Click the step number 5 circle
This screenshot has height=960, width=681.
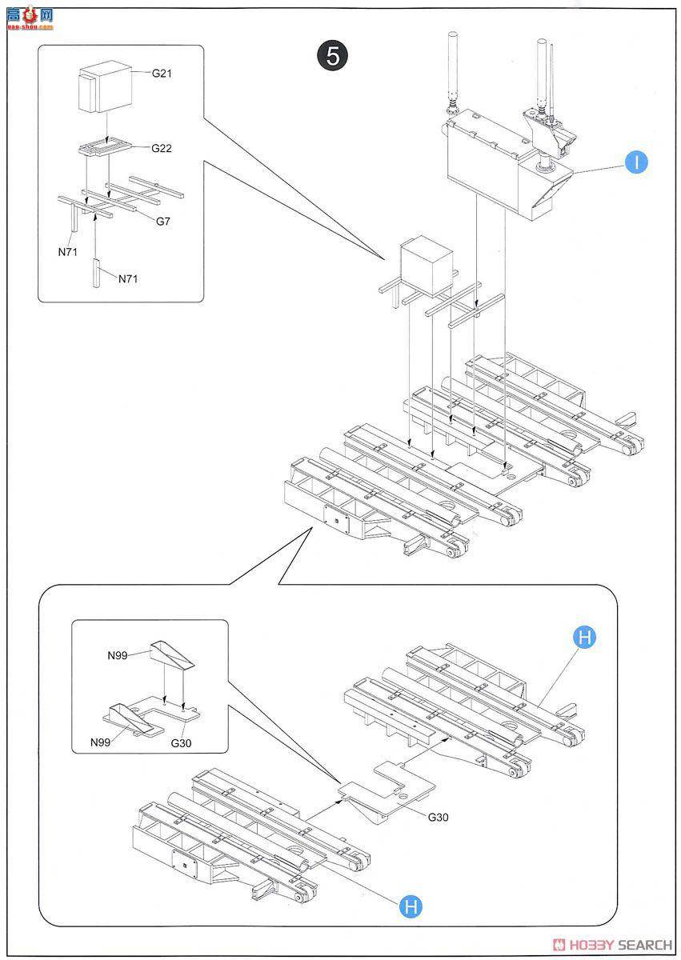(x=332, y=56)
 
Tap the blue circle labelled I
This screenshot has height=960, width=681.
(x=636, y=162)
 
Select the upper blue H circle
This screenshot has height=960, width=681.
(x=585, y=638)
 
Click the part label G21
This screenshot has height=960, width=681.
(x=162, y=74)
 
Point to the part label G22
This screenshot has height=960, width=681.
(x=162, y=149)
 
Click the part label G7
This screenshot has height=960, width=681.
(x=163, y=221)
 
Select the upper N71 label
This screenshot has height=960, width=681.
(x=68, y=251)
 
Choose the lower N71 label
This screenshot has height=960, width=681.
(x=130, y=279)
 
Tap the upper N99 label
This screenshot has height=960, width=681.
(x=118, y=655)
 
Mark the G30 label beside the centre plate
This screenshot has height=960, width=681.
(x=439, y=818)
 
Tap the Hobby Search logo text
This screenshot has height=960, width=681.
(x=620, y=945)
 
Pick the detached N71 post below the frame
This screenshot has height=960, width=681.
(x=96, y=272)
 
